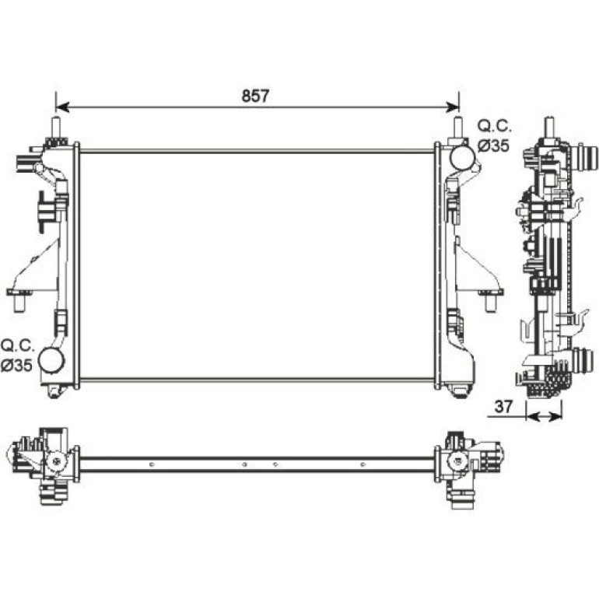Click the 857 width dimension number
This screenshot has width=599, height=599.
pyautogui.click(x=255, y=96)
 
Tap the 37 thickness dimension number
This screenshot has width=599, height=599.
pyautogui.click(x=503, y=407)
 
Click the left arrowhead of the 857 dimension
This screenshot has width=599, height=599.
pyautogui.click(x=62, y=107)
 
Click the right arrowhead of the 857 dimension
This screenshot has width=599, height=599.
pyautogui.click(x=453, y=107)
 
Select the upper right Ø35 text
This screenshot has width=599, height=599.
pyautogui.click(x=493, y=145)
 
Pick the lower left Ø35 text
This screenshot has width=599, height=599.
pyautogui.click(x=16, y=366)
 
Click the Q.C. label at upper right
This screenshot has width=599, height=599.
pyautogui.click(x=494, y=126)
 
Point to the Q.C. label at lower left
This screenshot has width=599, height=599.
pyautogui.click(x=18, y=345)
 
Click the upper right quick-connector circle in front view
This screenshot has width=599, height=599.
pyautogui.click(x=462, y=158)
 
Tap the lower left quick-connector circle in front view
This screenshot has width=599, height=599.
pyautogui.click(x=51, y=360)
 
